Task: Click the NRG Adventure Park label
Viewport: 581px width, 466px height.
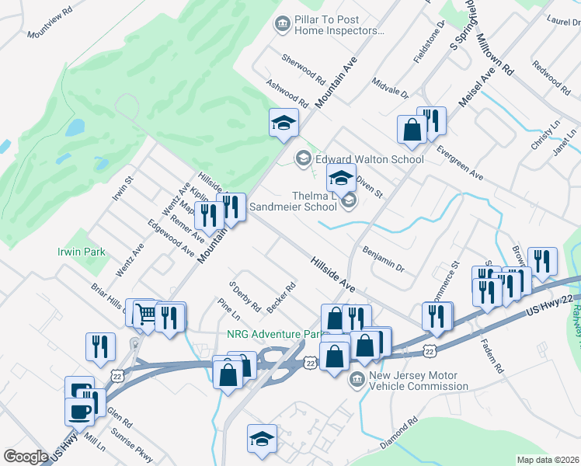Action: [x=265, y=334]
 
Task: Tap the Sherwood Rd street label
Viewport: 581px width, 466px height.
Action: [x=303, y=69]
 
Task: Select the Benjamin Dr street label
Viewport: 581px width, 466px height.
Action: [x=384, y=259]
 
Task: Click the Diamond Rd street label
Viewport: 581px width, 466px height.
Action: [x=399, y=434]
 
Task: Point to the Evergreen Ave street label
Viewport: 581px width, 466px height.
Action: [x=460, y=163]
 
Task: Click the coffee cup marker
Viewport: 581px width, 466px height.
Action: [x=80, y=410]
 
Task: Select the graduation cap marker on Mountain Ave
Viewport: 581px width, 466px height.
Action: [x=284, y=121]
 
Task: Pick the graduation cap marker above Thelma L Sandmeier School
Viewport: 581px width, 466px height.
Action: [x=340, y=177]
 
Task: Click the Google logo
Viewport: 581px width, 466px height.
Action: [x=25, y=456]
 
